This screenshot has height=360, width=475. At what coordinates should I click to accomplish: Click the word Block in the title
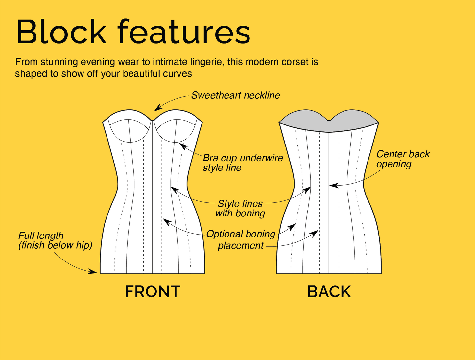point(61,32)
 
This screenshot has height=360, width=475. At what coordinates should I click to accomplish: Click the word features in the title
point(184,32)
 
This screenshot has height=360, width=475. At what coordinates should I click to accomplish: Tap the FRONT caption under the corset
point(153,292)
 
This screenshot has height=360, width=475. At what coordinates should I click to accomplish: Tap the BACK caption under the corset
point(329,292)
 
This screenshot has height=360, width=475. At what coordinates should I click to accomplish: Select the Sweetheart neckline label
point(235,95)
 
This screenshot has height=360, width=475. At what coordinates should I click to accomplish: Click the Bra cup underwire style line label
point(243,163)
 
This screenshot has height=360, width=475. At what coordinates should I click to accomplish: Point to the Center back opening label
point(403,159)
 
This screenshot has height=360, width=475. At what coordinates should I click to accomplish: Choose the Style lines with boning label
point(240,208)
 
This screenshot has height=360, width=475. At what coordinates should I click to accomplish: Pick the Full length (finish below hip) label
point(55,240)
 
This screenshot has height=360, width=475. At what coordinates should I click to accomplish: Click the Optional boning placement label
point(241,240)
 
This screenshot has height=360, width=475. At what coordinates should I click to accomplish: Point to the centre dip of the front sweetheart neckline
point(153,120)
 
